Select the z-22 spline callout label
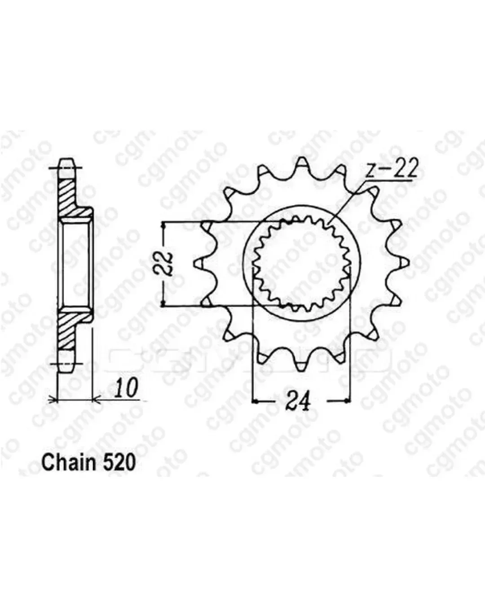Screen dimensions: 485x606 391,169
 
